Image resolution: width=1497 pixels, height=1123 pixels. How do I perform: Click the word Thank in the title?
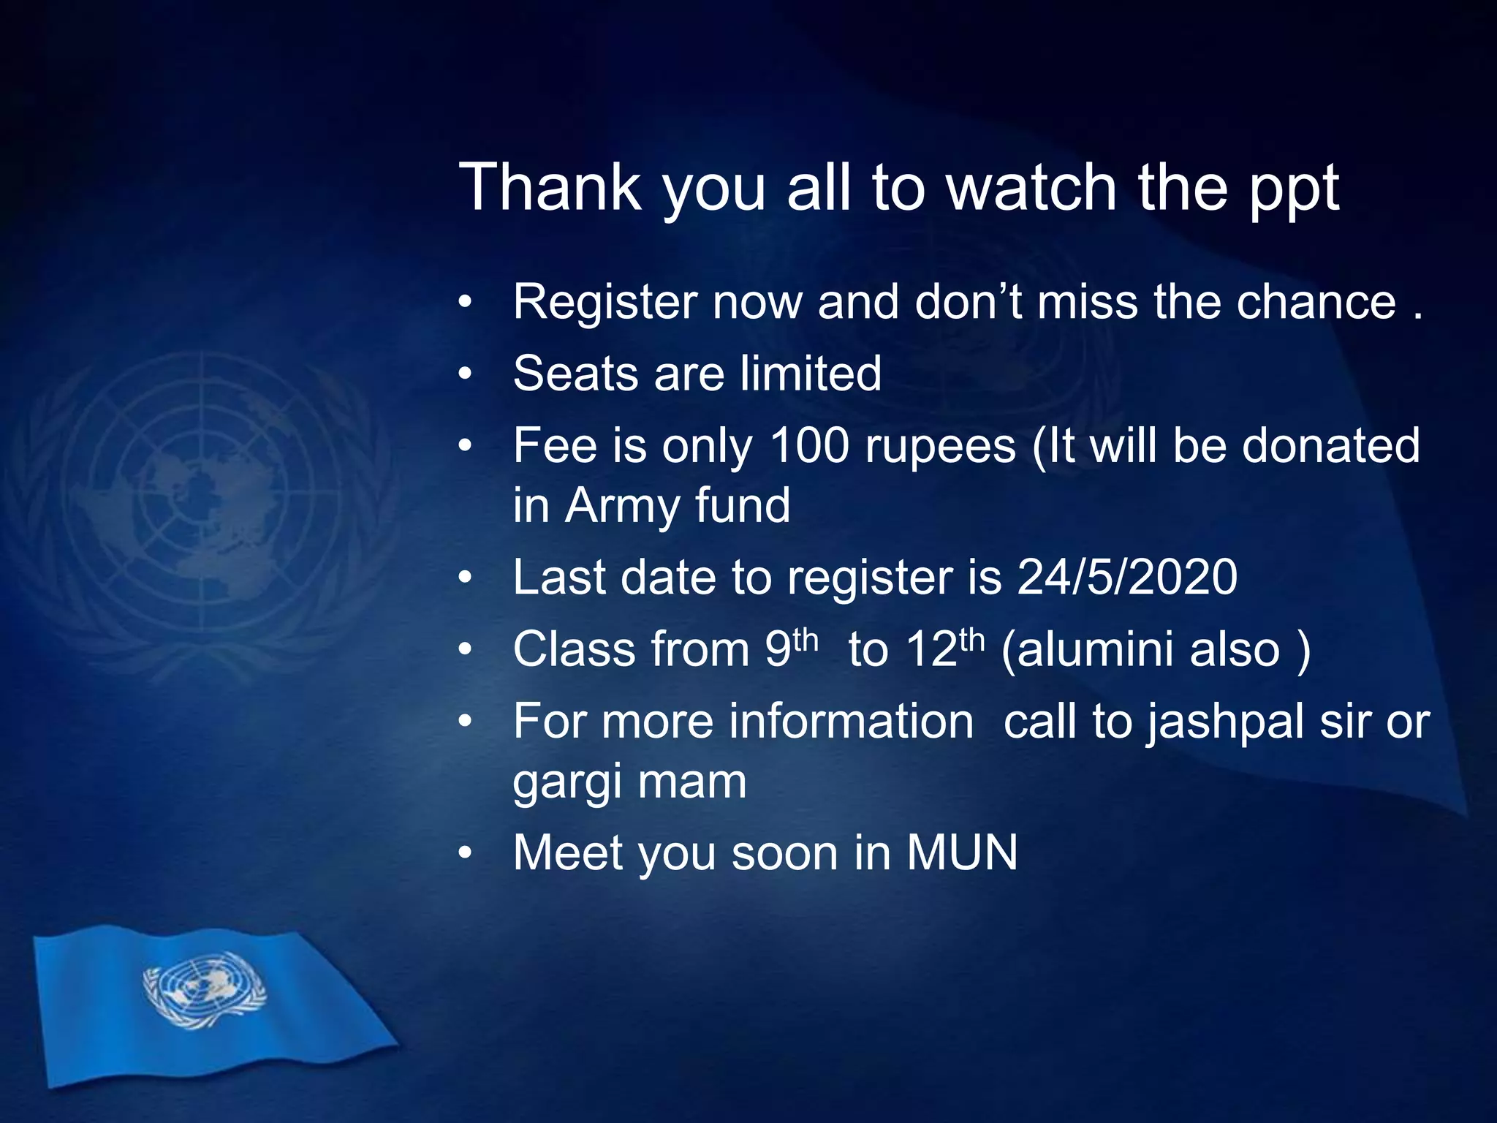pos(550,187)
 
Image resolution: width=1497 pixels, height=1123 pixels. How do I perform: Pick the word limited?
pos(810,373)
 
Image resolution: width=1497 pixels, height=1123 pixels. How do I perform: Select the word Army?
pos(623,507)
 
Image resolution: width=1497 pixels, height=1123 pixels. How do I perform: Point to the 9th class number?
pos(791,648)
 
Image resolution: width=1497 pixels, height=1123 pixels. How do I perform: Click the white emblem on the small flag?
pos(204,988)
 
